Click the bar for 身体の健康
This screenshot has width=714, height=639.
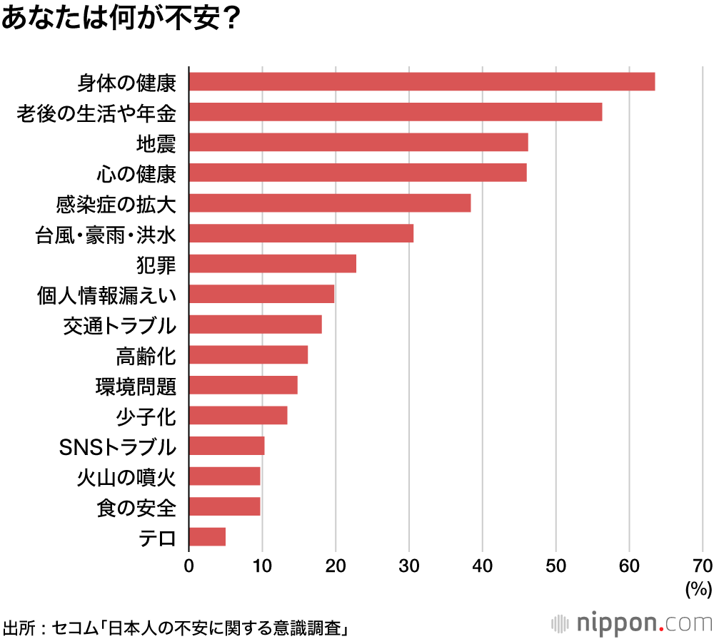(421, 82)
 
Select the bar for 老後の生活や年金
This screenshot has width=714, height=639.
(395, 112)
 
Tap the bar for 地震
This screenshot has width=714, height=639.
(358, 143)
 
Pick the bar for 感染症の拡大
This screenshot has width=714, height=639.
(329, 203)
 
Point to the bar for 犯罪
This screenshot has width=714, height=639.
(272, 264)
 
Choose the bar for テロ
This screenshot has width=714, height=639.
(207, 536)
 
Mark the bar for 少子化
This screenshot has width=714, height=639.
(238, 415)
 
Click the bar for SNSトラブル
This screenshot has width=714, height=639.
(226, 446)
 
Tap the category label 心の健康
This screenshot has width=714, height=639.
(136, 173)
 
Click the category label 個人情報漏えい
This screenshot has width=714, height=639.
(106, 295)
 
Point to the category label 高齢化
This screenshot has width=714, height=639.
(146, 355)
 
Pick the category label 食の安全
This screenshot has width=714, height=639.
(136, 507)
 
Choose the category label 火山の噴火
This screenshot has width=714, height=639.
(126, 476)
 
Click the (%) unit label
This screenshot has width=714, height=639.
(698, 589)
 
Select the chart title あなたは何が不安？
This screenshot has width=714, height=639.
(119, 19)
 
